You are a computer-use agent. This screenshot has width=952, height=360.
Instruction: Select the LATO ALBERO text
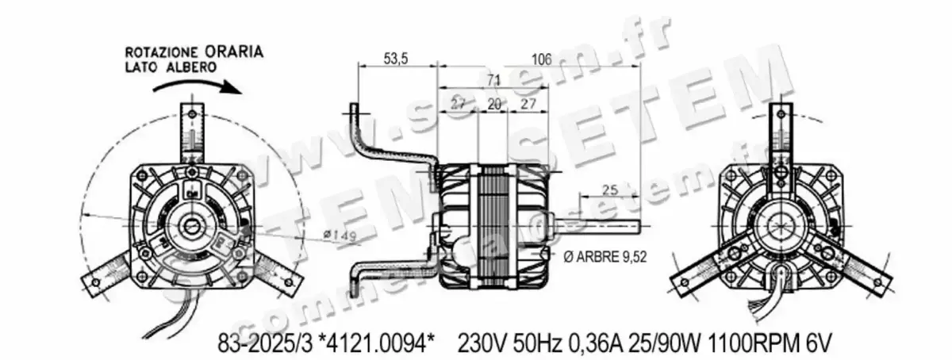point(171,67)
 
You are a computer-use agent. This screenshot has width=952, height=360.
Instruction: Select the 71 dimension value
point(493,79)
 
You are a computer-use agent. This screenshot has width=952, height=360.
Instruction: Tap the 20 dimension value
point(493,105)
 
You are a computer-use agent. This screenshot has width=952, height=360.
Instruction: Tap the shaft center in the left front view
point(193,228)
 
